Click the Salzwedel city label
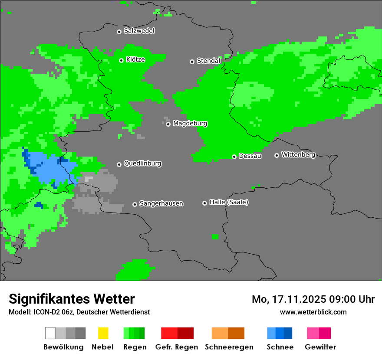[x=139, y=31]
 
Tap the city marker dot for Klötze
[x=121, y=60]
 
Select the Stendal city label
[x=208, y=61]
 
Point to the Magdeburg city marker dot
[x=168, y=124]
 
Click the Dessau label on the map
[x=250, y=156]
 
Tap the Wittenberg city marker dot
[x=277, y=155]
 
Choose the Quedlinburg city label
[x=142, y=164]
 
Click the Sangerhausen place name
[x=161, y=203]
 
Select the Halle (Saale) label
[x=229, y=202]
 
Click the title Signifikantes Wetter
[x=72, y=299]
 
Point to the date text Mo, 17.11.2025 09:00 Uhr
[x=313, y=299]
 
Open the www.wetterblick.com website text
[x=313, y=312]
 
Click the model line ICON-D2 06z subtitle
[x=79, y=312]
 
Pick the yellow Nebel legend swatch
[x=103, y=333]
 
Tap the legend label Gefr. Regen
[x=177, y=347]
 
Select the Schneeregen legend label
[x=228, y=347]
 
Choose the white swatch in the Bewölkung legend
[x=50, y=333]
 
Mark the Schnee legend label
[x=280, y=347]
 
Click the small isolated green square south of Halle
[x=215, y=236]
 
